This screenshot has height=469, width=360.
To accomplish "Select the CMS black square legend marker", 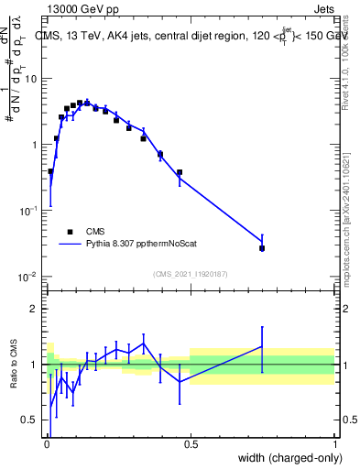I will point(69,232).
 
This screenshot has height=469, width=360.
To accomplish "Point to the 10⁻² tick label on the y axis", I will point(29,277).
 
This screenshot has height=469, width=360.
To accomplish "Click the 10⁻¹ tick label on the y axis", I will point(29,211).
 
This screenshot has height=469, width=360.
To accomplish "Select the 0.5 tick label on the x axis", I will point(191,445).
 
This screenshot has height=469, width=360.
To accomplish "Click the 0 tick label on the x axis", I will point(47,445).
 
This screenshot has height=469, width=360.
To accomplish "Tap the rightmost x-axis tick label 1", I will point(334,445).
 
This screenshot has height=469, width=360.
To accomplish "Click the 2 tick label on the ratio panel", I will point(37,309).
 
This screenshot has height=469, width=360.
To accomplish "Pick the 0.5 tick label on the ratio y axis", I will point(32,420).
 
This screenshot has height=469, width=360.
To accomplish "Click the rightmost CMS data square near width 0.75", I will point(262,248).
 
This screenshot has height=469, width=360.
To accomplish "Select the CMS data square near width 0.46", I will point(180,172).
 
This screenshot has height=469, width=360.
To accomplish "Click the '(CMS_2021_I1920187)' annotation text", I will point(191,274).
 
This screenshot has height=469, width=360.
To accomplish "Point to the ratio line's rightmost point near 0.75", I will point(262,347).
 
